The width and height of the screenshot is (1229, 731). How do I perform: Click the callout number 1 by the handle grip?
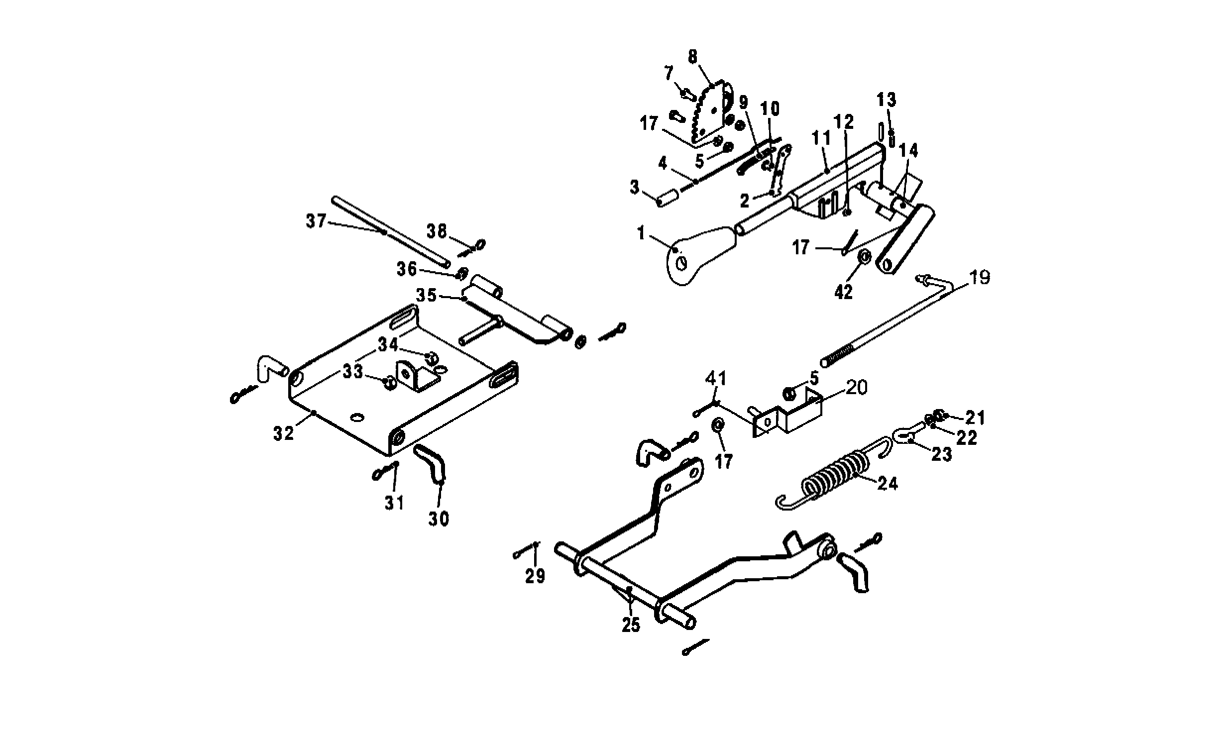641,232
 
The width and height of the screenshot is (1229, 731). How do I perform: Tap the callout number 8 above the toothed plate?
693,57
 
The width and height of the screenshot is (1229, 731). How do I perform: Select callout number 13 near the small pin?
886,100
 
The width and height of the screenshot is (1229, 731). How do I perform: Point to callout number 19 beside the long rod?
980,277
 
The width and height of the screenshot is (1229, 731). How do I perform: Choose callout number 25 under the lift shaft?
631,625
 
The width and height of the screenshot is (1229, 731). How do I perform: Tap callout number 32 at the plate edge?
284,433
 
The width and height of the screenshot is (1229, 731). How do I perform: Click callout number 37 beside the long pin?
316,221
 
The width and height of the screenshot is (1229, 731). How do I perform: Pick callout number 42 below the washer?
843,293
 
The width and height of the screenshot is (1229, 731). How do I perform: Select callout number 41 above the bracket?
715,379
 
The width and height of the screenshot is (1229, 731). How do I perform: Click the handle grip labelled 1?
702,256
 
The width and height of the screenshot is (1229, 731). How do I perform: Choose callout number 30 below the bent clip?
439,519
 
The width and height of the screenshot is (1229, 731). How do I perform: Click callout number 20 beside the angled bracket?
856,387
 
